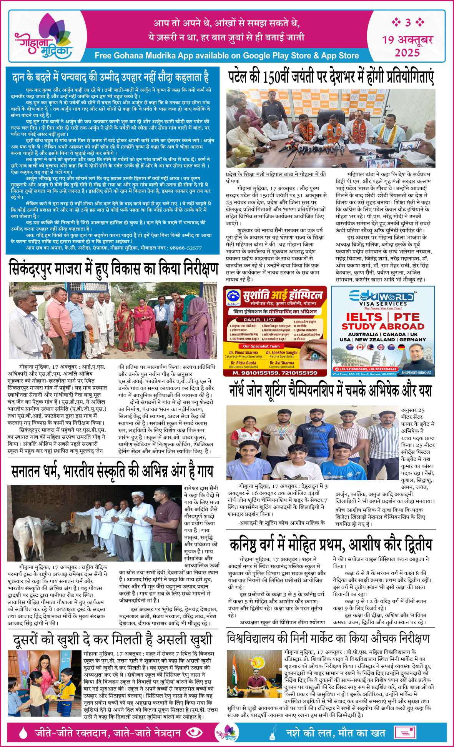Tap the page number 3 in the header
tap(408, 23)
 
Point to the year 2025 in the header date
tap(407, 52)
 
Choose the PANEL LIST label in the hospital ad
tap(259, 319)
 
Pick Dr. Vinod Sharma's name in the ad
tap(243, 352)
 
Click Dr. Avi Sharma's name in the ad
tap(282, 363)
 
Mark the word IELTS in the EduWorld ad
tap(364, 317)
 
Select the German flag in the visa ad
tap(401, 347)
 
